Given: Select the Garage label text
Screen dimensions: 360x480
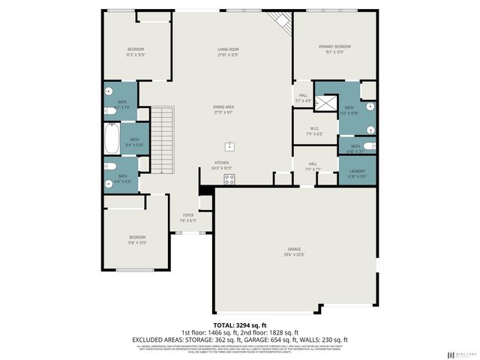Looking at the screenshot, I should (293, 249).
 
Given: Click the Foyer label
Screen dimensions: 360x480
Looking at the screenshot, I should (187, 215).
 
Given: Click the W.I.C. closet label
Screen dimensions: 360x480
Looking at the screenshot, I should (314, 128).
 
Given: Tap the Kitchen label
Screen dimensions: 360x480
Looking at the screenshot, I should (222, 163).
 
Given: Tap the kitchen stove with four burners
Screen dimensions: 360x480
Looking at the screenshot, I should (229, 178).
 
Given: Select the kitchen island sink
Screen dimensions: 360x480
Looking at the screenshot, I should (229, 146).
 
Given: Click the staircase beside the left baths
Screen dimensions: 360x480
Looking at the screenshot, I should (163, 138).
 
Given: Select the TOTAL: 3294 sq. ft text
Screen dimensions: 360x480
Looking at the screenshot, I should (239, 325).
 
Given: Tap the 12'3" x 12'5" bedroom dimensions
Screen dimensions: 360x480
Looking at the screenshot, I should (135, 55).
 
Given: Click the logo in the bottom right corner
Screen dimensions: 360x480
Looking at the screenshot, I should (460, 353).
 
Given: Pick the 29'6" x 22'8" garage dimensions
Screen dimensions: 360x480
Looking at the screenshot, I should (293, 254).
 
